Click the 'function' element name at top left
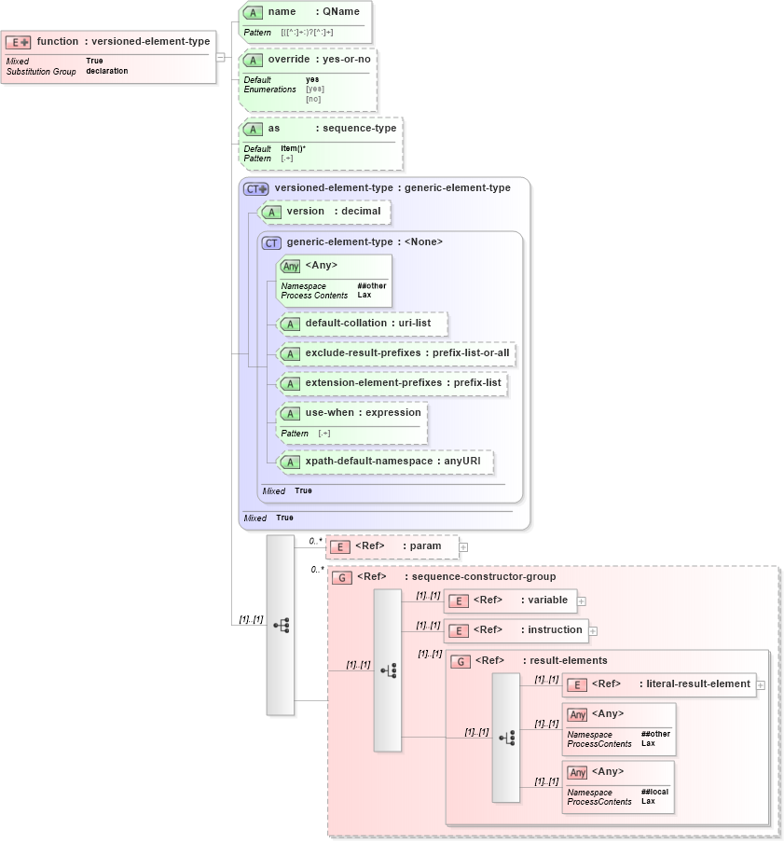pyautogui.click(x=58, y=41)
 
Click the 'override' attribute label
pyautogui.click(x=288, y=59)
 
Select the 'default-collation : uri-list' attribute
pyautogui.click(x=362, y=324)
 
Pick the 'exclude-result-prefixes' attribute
pyautogui.click(x=396, y=353)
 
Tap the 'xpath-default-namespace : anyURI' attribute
pyautogui.click(x=385, y=462)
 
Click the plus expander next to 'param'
pyautogui.click(x=463, y=547)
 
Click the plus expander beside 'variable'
pyautogui.click(x=582, y=601)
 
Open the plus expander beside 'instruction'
pyautogui.click(x=593, y=631)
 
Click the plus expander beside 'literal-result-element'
pyautogui.click(x=761, y=685)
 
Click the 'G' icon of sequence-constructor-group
pyautogui.click(x=342, y=577)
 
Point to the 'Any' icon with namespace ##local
pyautogui.click(x=578, y=773)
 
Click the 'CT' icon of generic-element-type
pyautogui.click(x=271, y=242)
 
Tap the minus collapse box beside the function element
pyautogui.click(x=220, y=56)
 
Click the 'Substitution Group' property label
pyautogui.click(x=41, y=71)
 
